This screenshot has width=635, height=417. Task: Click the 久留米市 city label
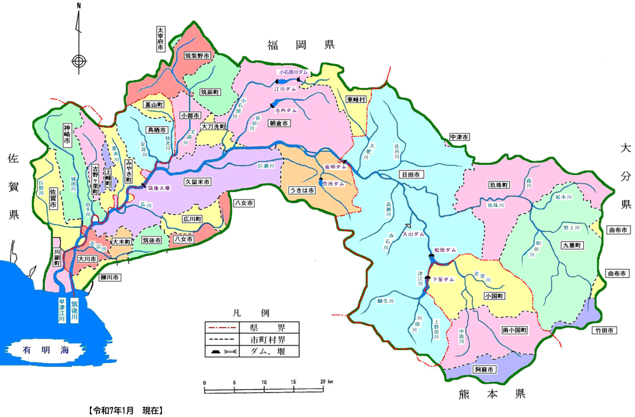pos(197,182)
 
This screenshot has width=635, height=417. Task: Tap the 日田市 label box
pos(411,174)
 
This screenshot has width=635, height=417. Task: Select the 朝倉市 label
pos(279,124)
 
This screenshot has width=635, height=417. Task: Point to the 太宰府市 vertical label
pos(160,39)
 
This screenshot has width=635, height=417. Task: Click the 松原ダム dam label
pos(445,250)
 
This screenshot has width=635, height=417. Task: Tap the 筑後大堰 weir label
pos(159,188)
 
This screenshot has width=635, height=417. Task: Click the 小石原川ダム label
pos(293,72)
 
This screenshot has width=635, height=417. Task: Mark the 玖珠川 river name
pos(496,205)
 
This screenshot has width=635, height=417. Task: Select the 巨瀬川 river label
pos(266,166)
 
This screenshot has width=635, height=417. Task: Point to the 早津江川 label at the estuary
pos(62,310)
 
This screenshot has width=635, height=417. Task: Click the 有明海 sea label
pos(46,350)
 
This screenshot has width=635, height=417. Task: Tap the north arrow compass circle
pos(79,61)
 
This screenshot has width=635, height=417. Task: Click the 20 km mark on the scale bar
pos(323,382)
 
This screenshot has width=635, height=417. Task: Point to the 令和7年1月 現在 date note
pos(126,410)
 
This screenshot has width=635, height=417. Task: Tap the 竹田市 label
pos(604,330)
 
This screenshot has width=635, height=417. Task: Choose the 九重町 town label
pos(572,246)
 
